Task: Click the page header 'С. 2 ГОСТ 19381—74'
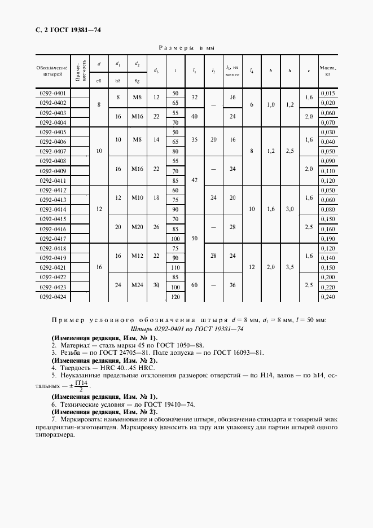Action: pyautogui.click(x=64, y=30)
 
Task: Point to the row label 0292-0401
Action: pyautogui.click(x=52, y=93)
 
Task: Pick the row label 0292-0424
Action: pyautogui.click(x=52, y=297)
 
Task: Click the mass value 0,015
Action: pyautogui.click(x=328, y=93)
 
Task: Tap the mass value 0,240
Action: pyautogui.click(x=328, y=297)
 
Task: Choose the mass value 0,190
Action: pyautogui.click(x=328, y=239)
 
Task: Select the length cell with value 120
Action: pyautogui.click(x=175, y=297)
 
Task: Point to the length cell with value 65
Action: pyautogui.click(x=175, y=103)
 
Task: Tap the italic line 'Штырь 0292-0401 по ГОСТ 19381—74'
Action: pyautogui.click(x=187, y=329)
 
